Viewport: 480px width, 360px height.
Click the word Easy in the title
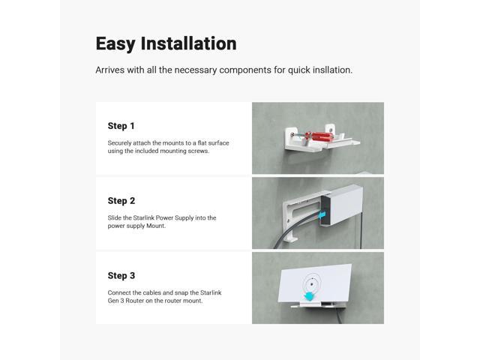(x=115, y=44)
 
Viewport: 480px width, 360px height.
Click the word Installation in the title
(x=188, y=43)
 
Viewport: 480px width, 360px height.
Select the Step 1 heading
(x=121, y=126)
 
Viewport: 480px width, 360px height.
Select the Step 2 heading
(x=121, y=201)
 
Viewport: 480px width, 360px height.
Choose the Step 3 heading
(x=121, y=275)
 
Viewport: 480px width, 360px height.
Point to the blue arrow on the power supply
(x=321, y=215)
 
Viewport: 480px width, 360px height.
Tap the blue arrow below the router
(x=310, y=296)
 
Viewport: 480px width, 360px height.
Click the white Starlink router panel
(x=315, y=283)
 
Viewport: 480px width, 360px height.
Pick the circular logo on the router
(x=312, y=283)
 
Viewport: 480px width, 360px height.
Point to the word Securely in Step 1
(x=118, y=143)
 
